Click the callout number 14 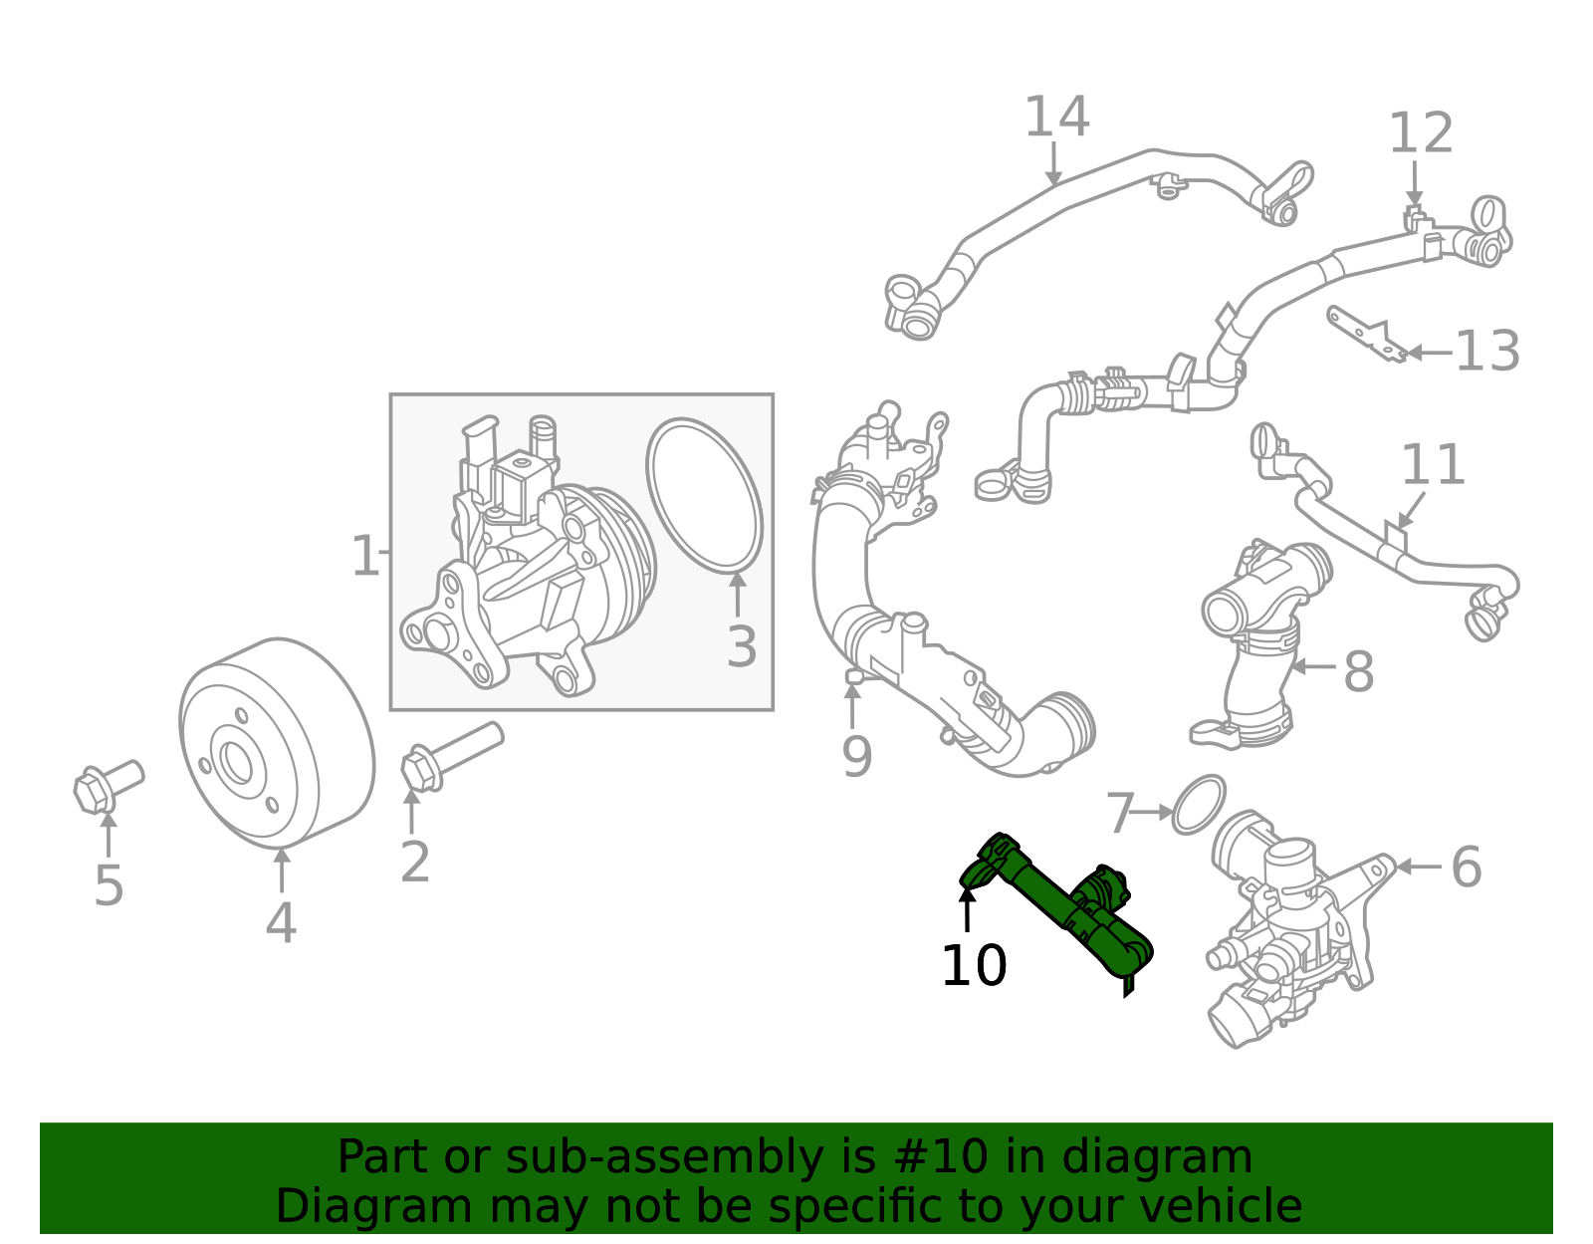[1056, 118]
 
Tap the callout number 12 [1421, 133]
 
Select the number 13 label [1487, 352]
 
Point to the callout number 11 [1433, 465]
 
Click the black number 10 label [974, 966]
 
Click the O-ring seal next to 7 [1198, 805]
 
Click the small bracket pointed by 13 [1365, 334]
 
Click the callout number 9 [856, 757]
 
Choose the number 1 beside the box [364, 556]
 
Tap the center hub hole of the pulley [237, 762]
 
